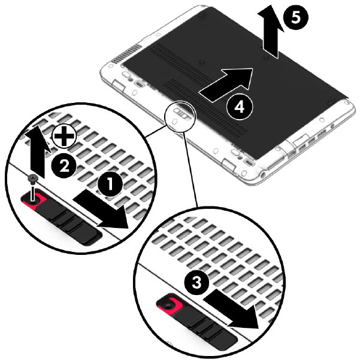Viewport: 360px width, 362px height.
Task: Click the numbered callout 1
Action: point(110,184)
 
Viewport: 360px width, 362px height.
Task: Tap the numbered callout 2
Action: point(63,166)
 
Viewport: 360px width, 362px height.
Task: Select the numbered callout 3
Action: point(196,282)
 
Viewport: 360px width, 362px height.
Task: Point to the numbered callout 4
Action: point(240,107)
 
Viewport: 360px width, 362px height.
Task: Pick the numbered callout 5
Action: point(296,17)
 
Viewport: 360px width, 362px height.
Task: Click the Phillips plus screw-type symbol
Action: point(63,136)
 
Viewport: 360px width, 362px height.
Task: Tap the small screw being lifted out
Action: point(33,187)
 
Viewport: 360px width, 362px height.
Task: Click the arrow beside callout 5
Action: point(270,32)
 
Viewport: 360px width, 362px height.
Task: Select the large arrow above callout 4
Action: point(226,85)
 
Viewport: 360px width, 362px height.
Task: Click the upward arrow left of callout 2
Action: point(38,151)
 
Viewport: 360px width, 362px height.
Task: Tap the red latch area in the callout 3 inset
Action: point(170,305)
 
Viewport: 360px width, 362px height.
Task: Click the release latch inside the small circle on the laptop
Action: point(181,112)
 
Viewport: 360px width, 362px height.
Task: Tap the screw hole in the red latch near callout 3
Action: point(168,305)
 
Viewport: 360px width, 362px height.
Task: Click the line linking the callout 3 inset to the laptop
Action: point(190,170)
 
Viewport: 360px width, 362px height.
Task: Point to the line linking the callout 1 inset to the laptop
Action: point(156,131)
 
